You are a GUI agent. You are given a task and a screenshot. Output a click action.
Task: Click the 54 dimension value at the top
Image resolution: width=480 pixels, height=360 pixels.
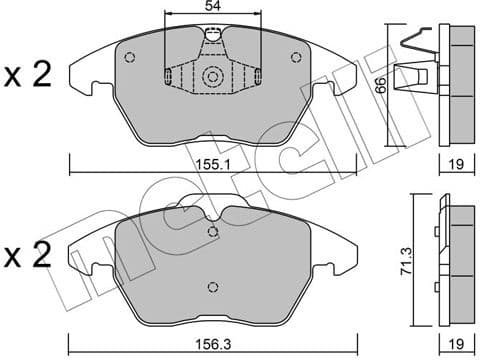[210, 8]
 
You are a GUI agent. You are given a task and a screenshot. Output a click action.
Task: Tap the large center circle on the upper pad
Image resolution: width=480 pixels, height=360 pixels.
[212, 77]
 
